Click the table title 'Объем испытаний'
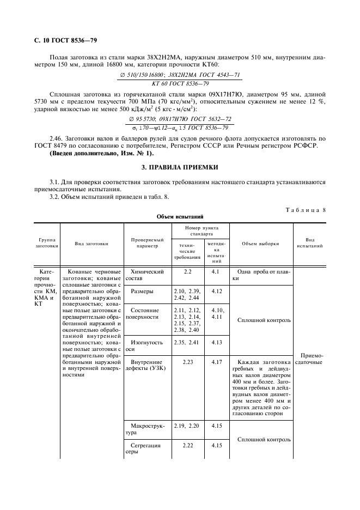point(179,216)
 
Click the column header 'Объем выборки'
point(260,244)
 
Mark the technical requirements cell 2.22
point(188,445)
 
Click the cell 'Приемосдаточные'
point(309,358)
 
